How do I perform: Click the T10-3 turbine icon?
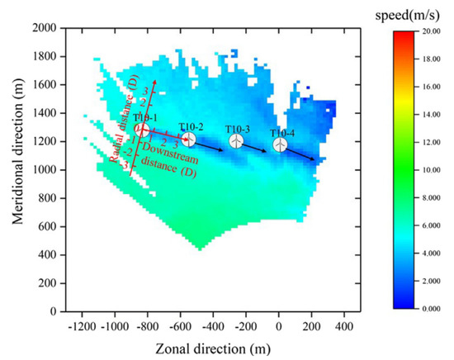(x=236, y=141)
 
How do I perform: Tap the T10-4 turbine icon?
(x=281, y=144)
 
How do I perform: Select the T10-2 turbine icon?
(x=188, y=140)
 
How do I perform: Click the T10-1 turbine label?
(x=144, y=119)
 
